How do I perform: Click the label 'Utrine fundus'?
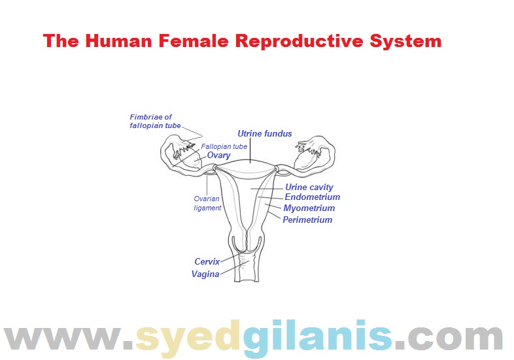(264, 134)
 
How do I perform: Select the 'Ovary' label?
(218, 155)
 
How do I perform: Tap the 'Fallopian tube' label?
(224, 146)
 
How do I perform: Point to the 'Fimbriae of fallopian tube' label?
(155, 122)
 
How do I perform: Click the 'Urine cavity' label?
(309, 188)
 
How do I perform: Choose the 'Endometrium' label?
(312, 197)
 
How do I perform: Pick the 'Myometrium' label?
(309, 208)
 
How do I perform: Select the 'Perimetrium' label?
(307, 220)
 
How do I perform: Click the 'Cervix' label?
(207, 262)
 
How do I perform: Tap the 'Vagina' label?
(205, 274)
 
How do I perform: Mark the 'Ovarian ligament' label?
(207, 203)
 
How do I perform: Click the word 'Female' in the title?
(190, 41)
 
